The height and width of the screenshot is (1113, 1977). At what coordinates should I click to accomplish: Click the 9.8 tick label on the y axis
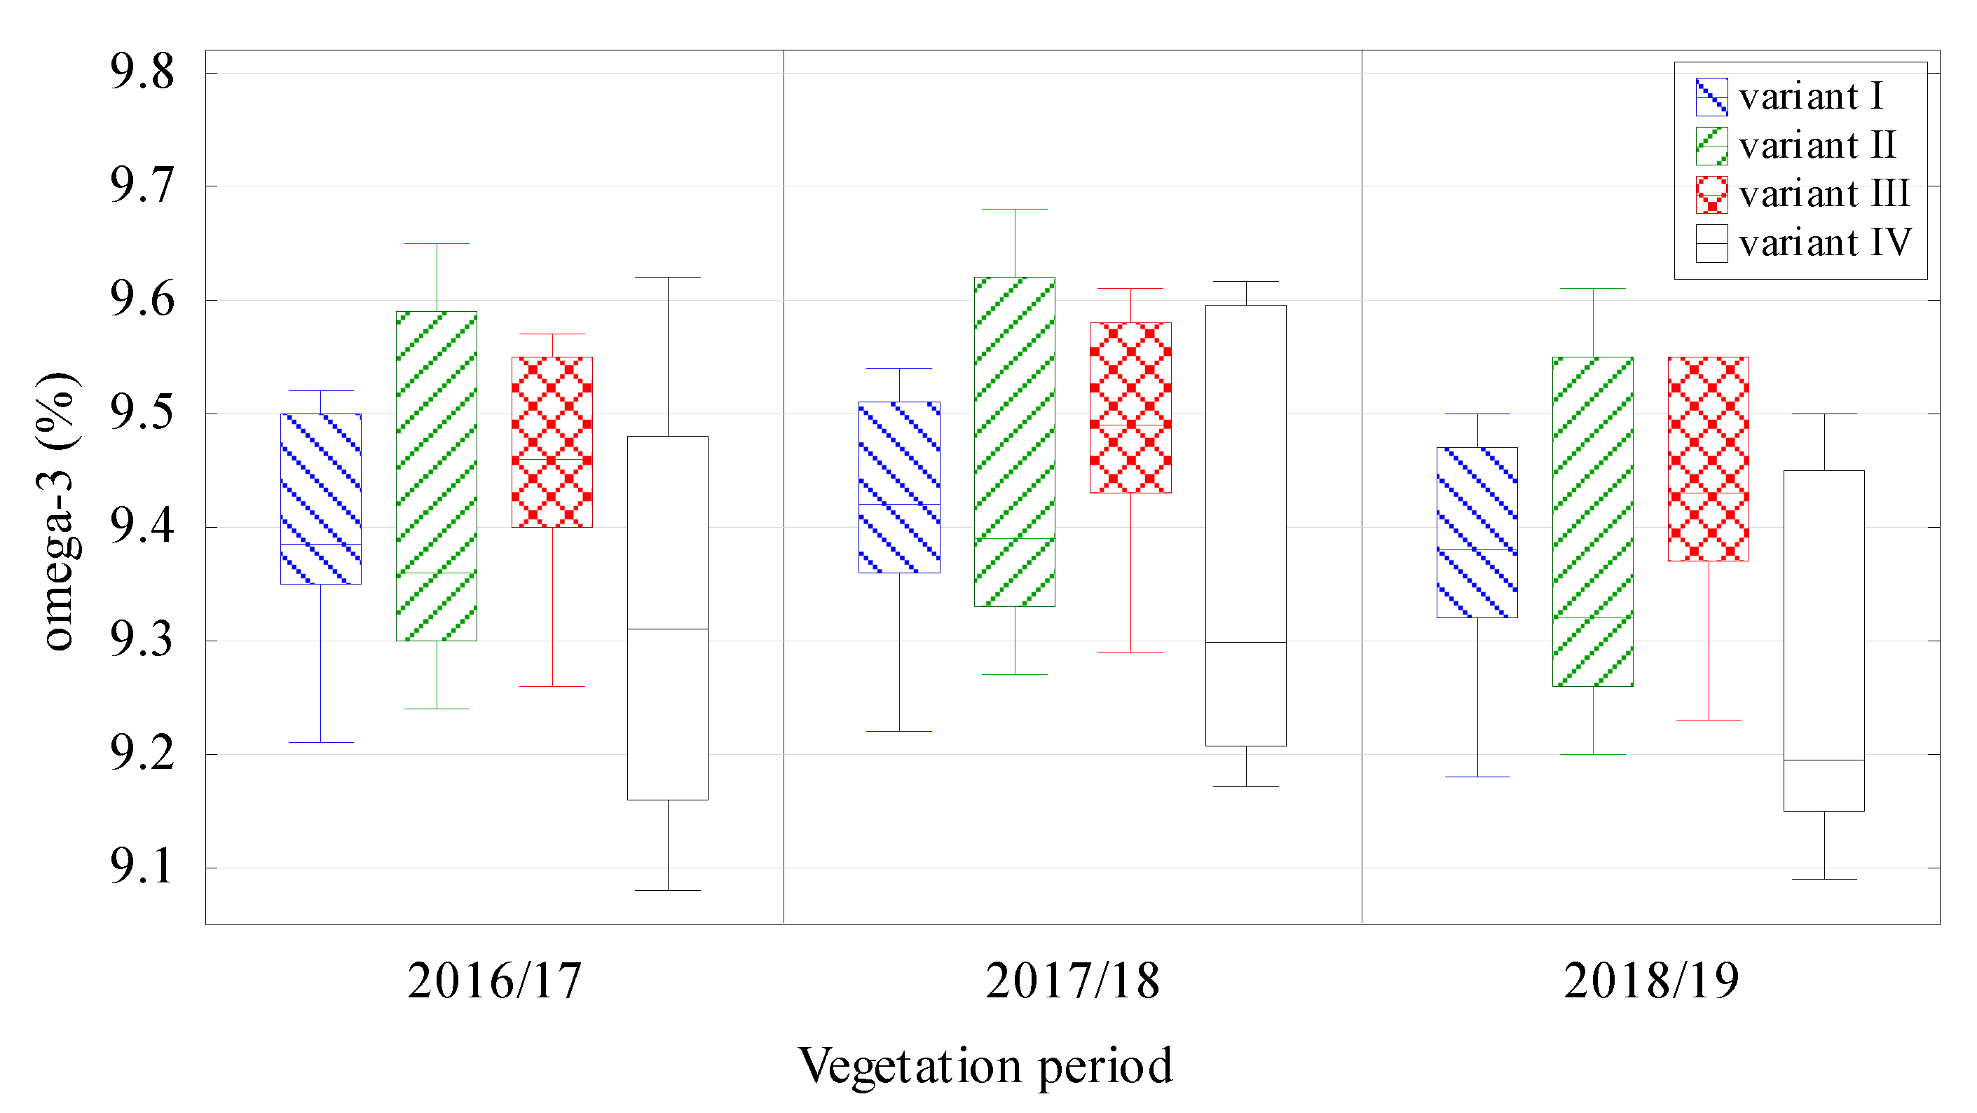click(142, 72)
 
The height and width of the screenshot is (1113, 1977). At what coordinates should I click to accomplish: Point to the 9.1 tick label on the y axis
click(142, 868)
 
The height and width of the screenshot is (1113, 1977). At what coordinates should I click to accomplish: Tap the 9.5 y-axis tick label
click(142, 413)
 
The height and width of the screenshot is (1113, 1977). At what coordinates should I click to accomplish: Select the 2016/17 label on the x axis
click(494, 981)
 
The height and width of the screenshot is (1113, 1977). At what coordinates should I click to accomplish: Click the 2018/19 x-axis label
click(1651, 981)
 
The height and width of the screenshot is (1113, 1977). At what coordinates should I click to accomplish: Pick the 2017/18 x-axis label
click(1072, 981)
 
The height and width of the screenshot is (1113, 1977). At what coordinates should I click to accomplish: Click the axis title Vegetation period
click(985, 1065)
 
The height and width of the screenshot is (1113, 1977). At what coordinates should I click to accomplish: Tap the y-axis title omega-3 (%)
click(58, 512)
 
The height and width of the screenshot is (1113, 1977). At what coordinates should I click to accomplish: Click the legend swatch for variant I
click(1711, 97)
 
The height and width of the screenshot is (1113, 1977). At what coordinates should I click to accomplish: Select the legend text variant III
click(1824, 193)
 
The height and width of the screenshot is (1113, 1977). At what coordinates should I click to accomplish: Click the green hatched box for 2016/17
click(437, 476)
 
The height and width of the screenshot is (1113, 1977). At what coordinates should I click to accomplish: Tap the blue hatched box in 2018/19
click(1477, 532)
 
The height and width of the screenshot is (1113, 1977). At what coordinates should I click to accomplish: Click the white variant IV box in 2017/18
click(1245, 525)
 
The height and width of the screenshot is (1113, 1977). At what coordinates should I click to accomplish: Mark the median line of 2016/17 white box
click(668, 629)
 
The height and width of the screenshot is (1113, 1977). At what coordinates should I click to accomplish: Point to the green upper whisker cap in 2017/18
click(1015, 209)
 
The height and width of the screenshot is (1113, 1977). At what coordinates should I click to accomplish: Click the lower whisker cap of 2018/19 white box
click(1824, 879)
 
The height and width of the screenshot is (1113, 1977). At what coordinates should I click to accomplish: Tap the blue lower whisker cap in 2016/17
click(321, 742)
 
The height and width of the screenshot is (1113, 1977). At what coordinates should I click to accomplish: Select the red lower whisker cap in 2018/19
click(1709, 720)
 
